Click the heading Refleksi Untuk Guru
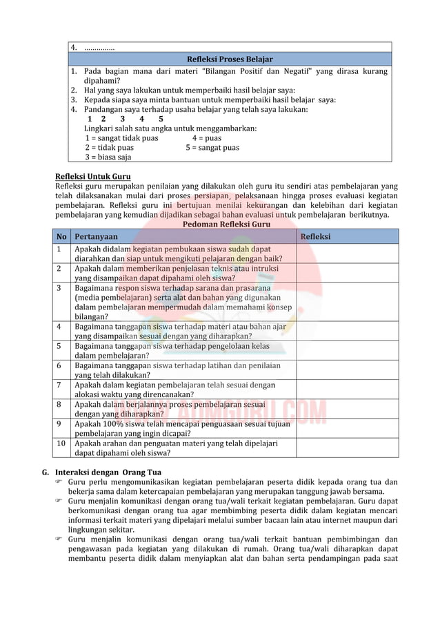tap(92, 176)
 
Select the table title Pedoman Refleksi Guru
tap(226, 224)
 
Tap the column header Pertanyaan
tap(96, 236)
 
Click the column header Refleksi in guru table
tap(315, 236)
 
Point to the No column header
tap(61, 236)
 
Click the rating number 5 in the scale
tap(161, 119)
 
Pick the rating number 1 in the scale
tap(90, 119)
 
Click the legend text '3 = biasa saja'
tap(108, 157)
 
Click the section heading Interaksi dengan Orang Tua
tap(108, 472)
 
